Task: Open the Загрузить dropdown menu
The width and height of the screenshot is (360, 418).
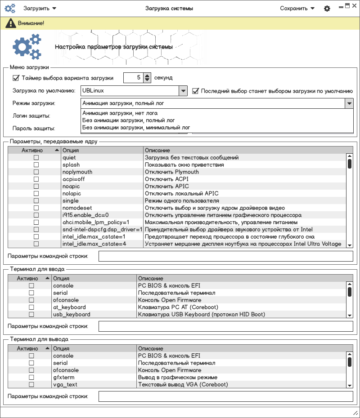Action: (x=40, y=8)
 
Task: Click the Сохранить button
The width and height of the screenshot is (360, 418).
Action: (x=297, y=8)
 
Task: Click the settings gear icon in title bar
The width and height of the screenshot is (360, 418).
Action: (x=327, y=9)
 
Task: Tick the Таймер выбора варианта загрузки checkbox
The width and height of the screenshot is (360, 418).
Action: (x=16, y=78)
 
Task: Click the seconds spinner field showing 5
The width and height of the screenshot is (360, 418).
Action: (x=133, y=78)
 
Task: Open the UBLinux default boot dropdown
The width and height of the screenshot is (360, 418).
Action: (x=134, y=91)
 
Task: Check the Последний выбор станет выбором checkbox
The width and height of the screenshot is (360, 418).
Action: (x=196, y=91)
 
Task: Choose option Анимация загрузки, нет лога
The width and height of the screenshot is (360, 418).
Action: (x=120, y=113)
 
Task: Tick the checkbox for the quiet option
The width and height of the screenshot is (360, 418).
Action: (x=36, y=158)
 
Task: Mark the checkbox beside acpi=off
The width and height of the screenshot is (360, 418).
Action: (x=36, y=179)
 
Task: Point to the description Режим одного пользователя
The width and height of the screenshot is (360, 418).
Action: (x=182, y=201)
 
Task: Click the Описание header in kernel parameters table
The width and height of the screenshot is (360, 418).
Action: (x=157, y=150)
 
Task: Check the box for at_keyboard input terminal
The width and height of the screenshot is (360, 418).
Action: (x=31, y=307)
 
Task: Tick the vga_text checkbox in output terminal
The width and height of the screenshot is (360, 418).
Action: (x=31, y=385)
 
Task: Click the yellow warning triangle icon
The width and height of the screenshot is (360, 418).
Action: (x=9, y=23)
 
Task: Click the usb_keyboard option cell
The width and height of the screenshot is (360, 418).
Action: (x=72, y=315)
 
